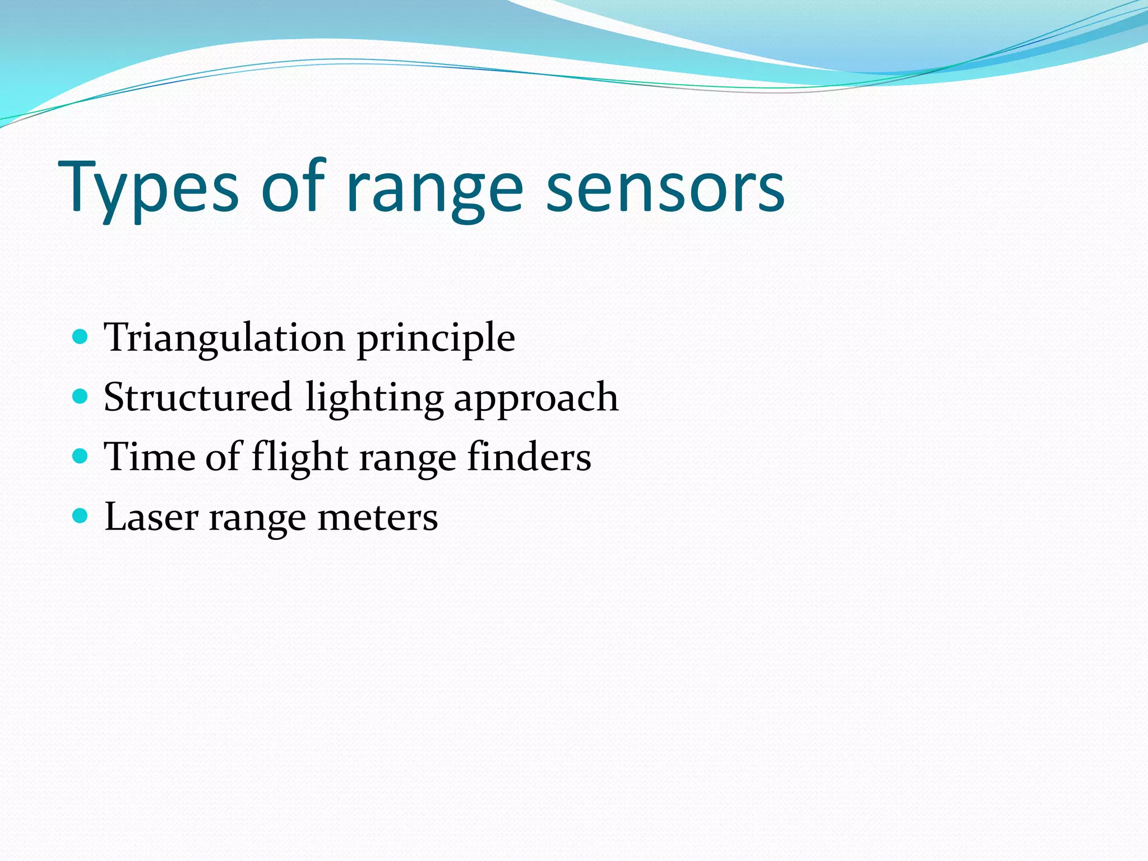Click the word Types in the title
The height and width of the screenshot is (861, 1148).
coord(149,188)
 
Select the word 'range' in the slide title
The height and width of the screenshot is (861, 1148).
coord(434,191)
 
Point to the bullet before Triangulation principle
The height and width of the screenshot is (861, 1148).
coord(81,337)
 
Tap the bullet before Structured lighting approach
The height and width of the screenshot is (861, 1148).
coord(81,397)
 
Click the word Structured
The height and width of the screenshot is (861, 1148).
coord(198,397)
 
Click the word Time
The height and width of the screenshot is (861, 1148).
coord(149,456)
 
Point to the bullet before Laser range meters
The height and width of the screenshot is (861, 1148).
coord(81,516)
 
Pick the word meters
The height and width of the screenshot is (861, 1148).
coord(377,517)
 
